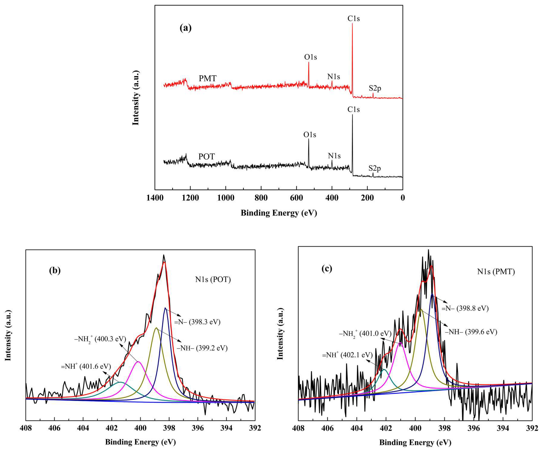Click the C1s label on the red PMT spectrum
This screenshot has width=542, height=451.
(x=353, y=19)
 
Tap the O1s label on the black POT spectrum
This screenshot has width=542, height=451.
(x=309, y=135)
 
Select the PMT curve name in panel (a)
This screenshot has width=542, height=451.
(x=207, y=78)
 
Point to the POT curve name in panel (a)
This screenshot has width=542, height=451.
(x=206, y=157)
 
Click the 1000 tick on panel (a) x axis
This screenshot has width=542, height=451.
(x=226, y=198)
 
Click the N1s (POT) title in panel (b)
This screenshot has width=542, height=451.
(x=213, y=279)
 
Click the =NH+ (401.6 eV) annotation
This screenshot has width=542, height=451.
(x=86, y=366)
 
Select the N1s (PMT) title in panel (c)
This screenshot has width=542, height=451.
(x=496, y=272)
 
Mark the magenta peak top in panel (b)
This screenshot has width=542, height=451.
(x=139, y=362)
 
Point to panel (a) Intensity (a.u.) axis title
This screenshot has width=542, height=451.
(x=136, y=97)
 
